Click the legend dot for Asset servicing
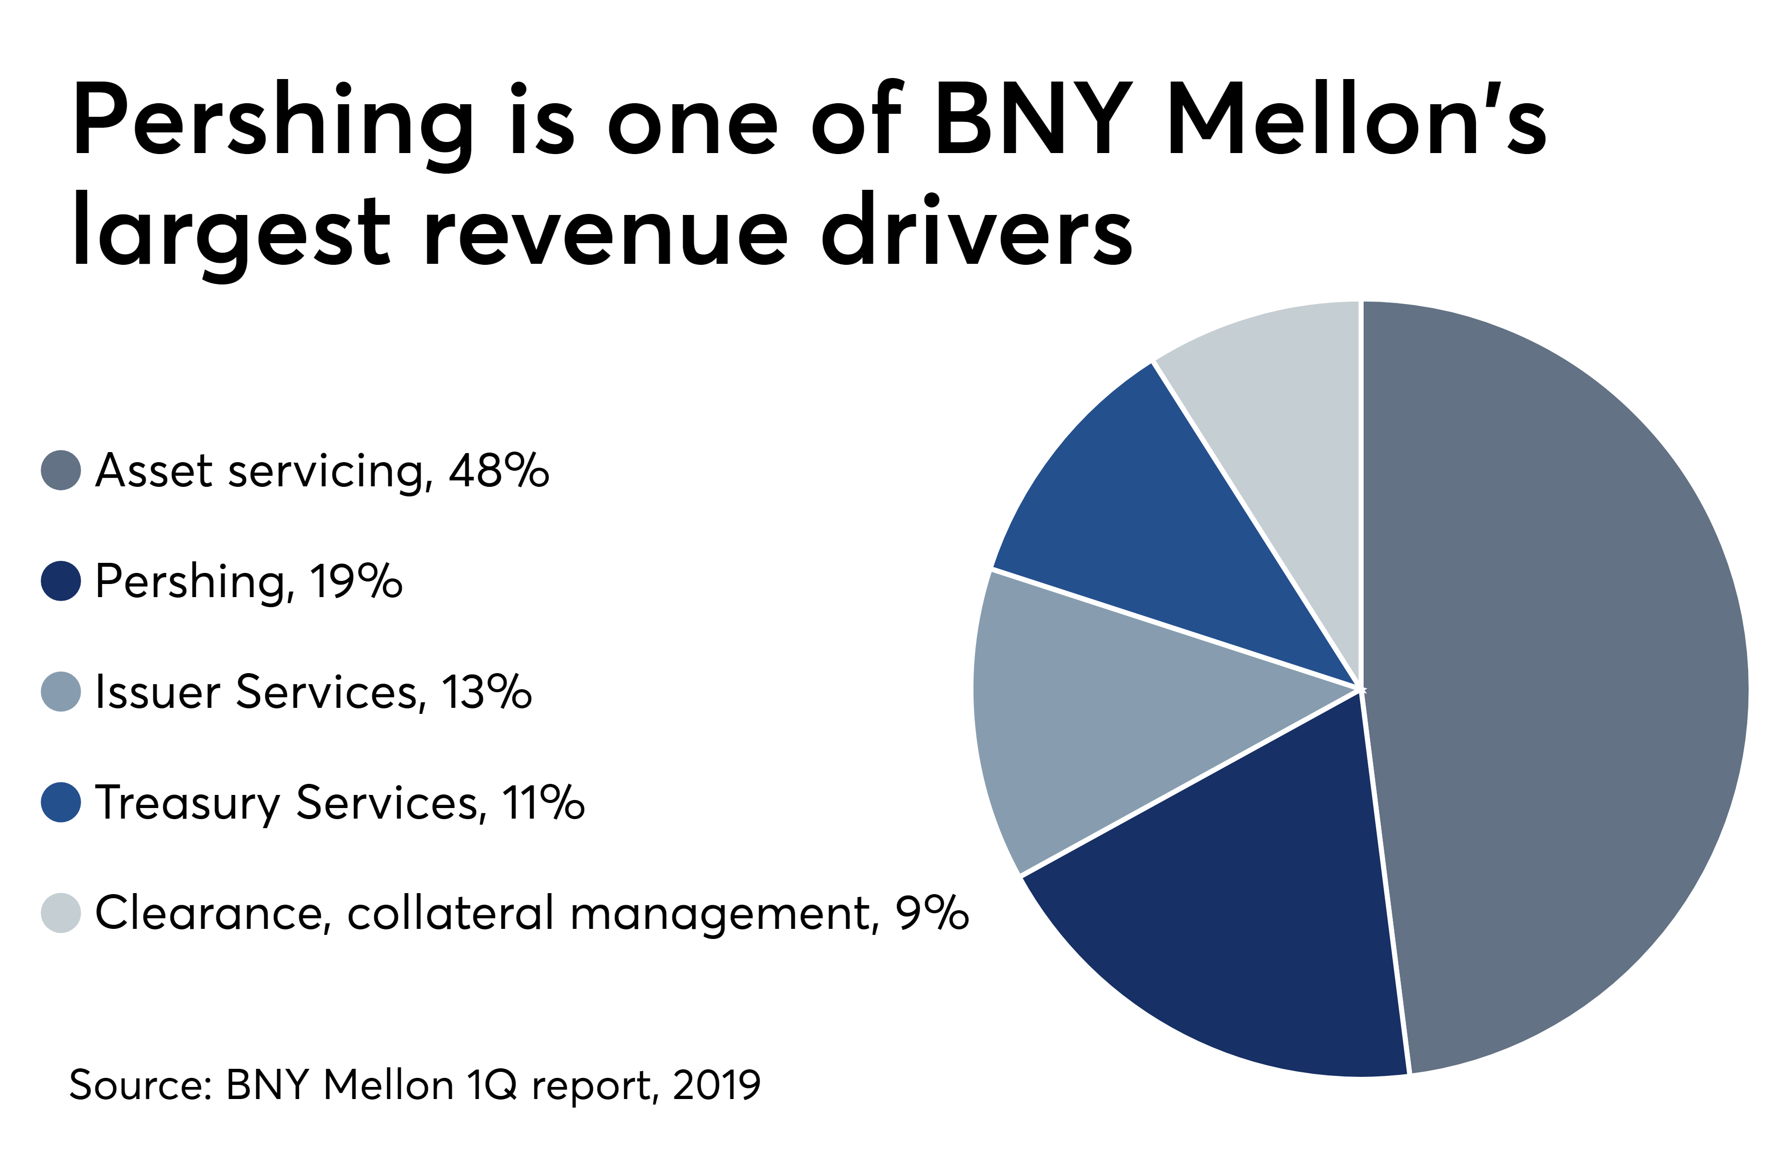click(61, 471)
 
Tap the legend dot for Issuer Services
click(61, 691)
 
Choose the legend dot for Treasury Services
click(61, 802)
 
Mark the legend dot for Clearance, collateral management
click(61, 913)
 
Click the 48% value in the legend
click(498, 471)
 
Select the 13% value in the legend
click(486, 691)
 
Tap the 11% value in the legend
click(542, 802)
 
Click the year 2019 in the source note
click(716, 1085)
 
